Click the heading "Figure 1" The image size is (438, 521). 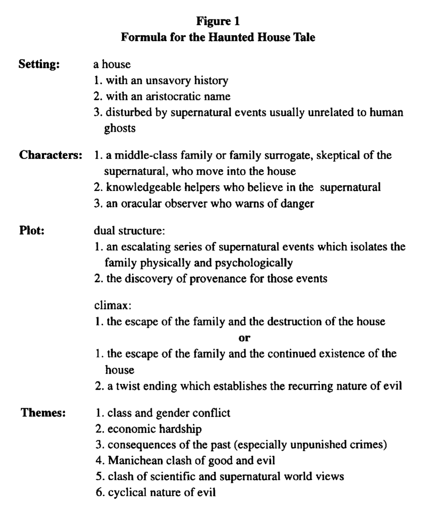[x=218, y=22]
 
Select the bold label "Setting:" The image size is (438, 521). [x=39, y=65]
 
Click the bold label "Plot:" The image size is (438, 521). [x=32, y=231]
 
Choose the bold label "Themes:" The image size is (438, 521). [x=43, y=413]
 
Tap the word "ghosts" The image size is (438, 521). [x=120, y=128]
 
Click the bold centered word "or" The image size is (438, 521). [x=244, y=338]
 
